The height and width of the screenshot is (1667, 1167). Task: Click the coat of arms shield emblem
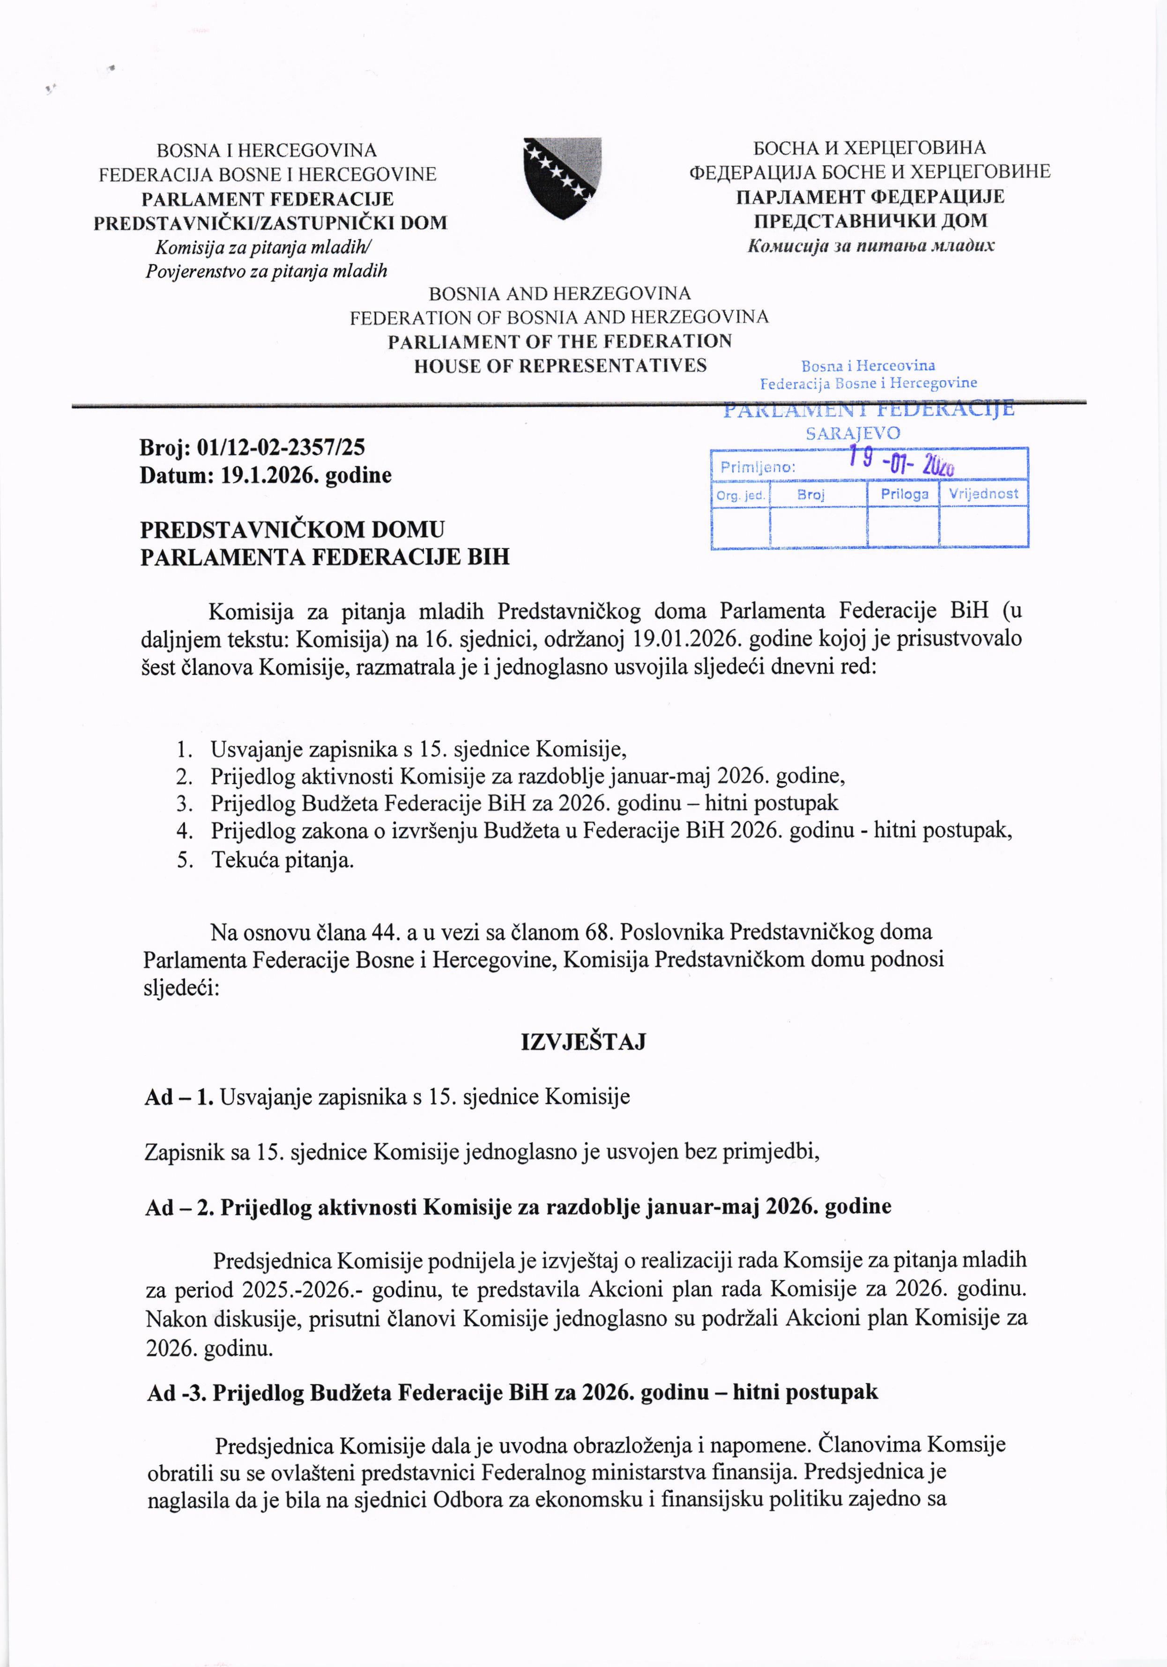coord(563,178)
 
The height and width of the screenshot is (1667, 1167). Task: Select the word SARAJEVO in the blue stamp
coord(853,433)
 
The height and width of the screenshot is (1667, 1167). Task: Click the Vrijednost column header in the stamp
coord(983,494)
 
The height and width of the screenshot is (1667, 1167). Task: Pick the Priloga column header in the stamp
coord(904,494)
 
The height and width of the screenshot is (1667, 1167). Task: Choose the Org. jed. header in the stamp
coord(740,495)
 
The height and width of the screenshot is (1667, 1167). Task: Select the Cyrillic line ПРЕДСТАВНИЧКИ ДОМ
coord(870,221)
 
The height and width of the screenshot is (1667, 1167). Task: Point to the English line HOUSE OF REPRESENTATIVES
coord(560,365)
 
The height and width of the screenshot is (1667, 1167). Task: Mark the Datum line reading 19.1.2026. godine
coord(266,475)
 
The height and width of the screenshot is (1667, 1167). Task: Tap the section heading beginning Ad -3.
coord(513,1392)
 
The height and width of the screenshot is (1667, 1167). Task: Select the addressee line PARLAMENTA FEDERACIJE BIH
coord(325,557)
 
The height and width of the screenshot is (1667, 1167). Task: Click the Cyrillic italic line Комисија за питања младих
coord(871,245)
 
